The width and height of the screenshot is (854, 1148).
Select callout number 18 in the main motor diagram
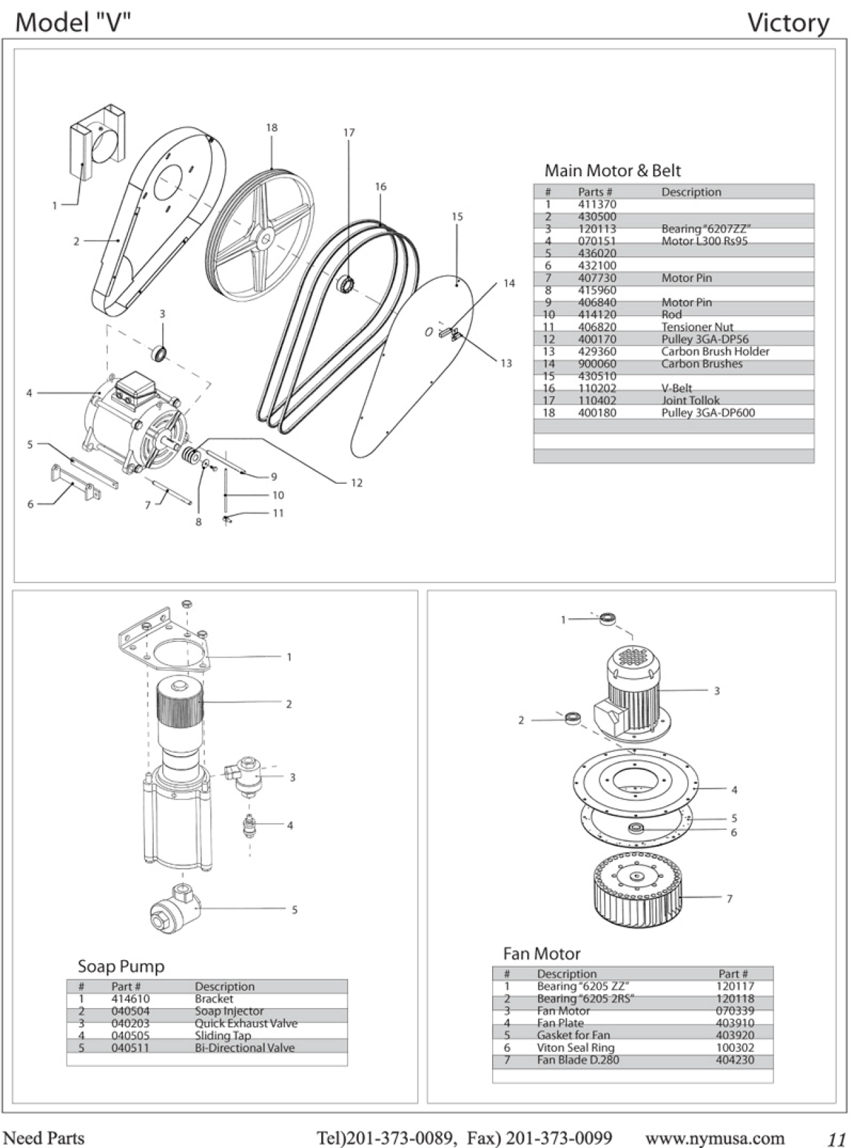(x=272, y=128)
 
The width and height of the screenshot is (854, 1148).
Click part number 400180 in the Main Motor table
(x=597, y=413)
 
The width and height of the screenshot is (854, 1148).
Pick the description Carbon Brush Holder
(x=715, y=352)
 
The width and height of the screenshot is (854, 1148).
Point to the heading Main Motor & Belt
(x=612, y=171)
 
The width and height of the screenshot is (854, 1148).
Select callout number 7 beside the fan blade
(x=729, y=899)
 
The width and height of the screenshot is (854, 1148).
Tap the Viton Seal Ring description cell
(x=575, y=1047)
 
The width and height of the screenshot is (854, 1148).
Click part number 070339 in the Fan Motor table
(x=735, y=1011)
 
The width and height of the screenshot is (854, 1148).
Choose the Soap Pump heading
(x=121, y=966)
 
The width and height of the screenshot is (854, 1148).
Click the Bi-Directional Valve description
(x=244, y=1048)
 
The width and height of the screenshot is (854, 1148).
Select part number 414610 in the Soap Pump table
(x=130, y=999)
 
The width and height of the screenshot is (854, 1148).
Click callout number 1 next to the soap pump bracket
(x=289, y=657)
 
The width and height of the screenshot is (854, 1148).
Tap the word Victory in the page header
(x=788, y=24)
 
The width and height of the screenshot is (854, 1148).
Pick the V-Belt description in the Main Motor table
(x=677, y=389)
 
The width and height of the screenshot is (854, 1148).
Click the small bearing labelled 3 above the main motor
(x=158, y=353)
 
